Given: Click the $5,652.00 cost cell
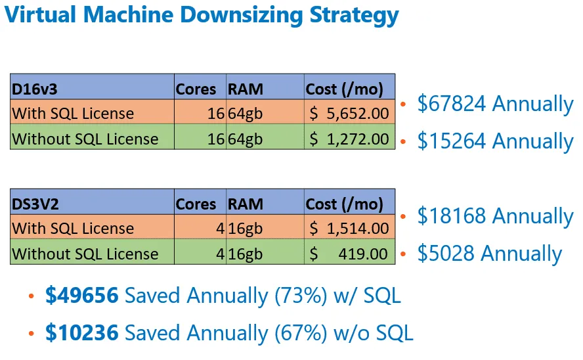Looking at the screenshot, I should pyautogui.click(x=349, y=114).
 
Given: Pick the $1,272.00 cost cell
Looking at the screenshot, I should pyautogui.click(x=349, y=139).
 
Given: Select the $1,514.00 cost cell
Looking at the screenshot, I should pyautogui.click(x=349, y=229).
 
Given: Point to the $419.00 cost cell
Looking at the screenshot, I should pyautogui.click(x=349, y=254).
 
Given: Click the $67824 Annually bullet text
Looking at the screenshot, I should pyautogui.click(x=495, y=104).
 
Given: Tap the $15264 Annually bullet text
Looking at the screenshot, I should pyautogui.click(x=495, y=141).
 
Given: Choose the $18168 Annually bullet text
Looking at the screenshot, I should pyautogui.click(x=495, y=216).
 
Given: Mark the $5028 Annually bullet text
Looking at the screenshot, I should pyautogui.click(x=489, y=254).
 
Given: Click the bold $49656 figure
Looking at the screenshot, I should pyautogui.click(x=81, y=296).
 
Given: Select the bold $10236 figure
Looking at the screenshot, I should pyautogui.click(x=81, y=333).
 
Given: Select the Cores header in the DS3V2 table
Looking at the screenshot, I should pyautogui.click(x=196, y=204).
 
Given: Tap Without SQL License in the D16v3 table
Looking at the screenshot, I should pyautogui.click(x=85, y=139).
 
